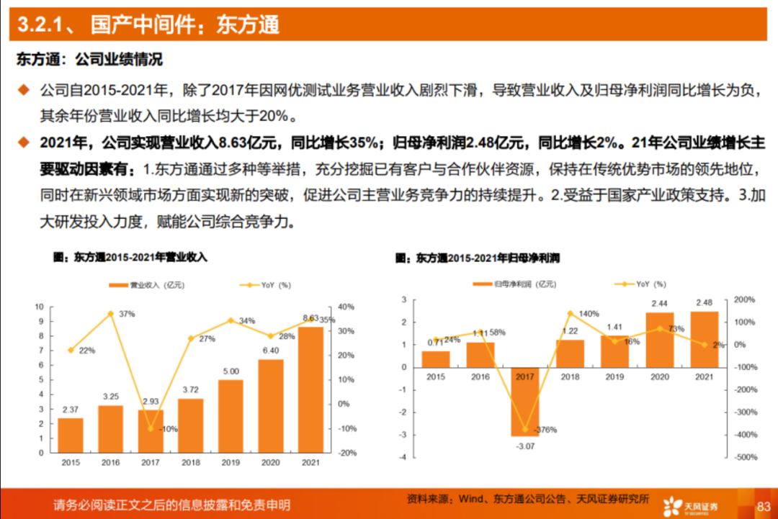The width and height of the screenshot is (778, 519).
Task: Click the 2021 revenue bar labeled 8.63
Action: coord(310,389)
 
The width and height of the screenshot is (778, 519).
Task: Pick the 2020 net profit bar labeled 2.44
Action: coord(659,339)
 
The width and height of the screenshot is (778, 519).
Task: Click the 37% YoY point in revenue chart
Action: coord(110,314)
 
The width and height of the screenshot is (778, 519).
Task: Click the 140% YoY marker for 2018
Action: coord(570,313)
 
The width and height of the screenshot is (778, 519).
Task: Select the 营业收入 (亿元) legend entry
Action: coord(147,285)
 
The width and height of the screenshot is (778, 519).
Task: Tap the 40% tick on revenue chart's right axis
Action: coord(346,307)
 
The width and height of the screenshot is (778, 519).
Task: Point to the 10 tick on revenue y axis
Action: coord(40,307)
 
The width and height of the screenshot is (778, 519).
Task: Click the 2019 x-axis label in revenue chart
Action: coord(231,461)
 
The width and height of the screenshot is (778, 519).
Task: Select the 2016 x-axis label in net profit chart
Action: coord(480,377)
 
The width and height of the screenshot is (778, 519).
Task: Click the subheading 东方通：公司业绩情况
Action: coord(89,59)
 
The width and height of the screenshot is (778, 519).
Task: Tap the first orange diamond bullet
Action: coord(24,90)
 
